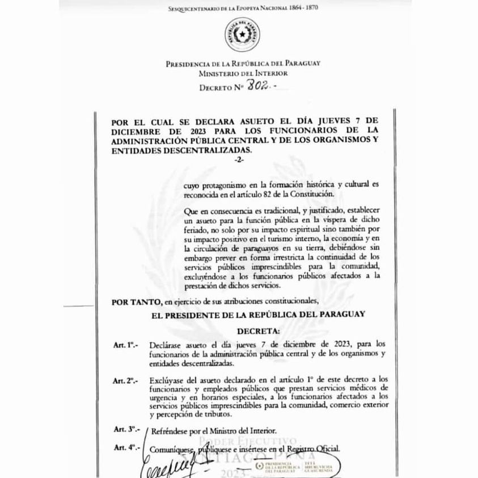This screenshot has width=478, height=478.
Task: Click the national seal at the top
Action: click(x=240, y=35)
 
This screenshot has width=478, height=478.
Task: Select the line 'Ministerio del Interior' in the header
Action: click(x=243, y=73)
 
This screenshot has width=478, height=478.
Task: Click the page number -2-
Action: click(x=239, y=160)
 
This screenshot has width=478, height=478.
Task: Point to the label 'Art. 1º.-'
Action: click(x=125, y=344)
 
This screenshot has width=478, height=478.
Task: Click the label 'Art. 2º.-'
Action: click(x=125, y=380)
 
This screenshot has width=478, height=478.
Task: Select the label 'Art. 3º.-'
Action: click(x=125, y=430)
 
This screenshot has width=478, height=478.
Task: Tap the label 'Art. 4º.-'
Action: click(x=125, y=448)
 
